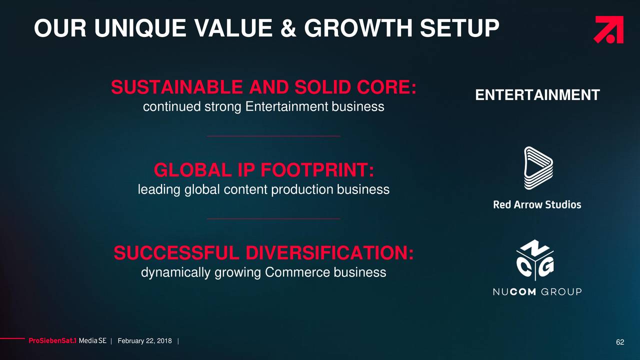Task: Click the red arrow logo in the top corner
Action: coord(608,29)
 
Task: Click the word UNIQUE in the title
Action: coord(140,28)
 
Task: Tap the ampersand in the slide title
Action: coord(288,28)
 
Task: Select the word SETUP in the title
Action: coord(459,28)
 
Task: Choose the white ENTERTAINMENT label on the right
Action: coord(537,95)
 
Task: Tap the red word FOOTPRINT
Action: coord(317,170)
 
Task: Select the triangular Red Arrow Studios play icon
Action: coord(538,168)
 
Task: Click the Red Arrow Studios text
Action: coord(537,204)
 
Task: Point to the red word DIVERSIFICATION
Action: coord(329,253)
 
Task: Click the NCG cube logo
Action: coord(535,260)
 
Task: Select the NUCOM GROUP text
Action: coord(537,291)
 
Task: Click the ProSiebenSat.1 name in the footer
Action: coord(52,341)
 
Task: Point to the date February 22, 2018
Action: coord(145,341)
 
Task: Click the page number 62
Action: coord(620,342)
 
